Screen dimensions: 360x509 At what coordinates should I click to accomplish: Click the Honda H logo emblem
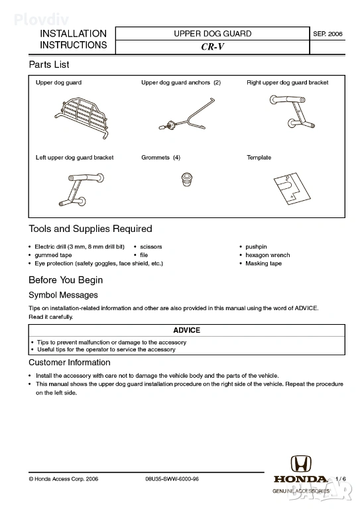coord(300,463)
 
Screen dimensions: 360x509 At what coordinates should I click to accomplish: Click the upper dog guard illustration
coord(82,117)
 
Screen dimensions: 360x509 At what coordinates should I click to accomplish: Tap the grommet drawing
coord(187,180)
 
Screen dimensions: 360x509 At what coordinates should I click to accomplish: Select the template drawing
coord(292,189)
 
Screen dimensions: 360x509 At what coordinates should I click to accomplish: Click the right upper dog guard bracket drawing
coord(292,111)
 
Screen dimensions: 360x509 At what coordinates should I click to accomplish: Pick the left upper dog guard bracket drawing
coord(82,190)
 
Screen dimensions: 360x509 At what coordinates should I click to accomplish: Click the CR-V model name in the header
coord(213,47)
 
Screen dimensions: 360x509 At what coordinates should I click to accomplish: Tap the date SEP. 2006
coord(328,34)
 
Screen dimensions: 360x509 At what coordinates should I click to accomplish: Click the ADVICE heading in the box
coord(187,330)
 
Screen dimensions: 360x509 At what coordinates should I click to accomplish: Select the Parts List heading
coord(49,64)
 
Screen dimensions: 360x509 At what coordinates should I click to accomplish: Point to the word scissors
coord(151,247)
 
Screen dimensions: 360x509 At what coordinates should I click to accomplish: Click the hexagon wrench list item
coord(267,255)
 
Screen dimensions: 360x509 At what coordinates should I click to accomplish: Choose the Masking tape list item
coord(264,264)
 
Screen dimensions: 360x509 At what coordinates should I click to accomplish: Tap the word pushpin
coord(256,247)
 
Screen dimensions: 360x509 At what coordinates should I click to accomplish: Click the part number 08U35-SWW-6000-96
coord(172,479)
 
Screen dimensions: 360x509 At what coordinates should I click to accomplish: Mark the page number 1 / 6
coord(341,479)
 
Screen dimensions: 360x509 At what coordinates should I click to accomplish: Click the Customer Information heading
coord(70,363)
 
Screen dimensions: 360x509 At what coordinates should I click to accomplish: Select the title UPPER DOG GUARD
coord(213,34)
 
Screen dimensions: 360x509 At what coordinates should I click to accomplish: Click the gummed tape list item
coord(53,255)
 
